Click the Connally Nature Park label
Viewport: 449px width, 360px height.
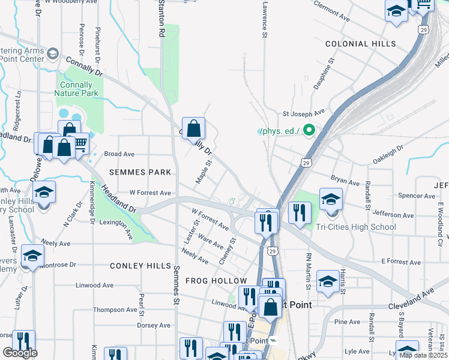tap(76, 89)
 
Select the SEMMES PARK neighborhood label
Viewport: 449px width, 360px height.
tap(140, 172)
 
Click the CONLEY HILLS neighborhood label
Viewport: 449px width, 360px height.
tap(140, 266)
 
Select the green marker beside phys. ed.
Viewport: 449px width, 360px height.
tap(309, 130)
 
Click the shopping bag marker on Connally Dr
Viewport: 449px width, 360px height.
tap(193, 128)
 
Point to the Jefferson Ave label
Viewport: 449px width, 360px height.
tap(393, 214)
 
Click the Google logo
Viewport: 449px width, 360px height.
tap(20, 353)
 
